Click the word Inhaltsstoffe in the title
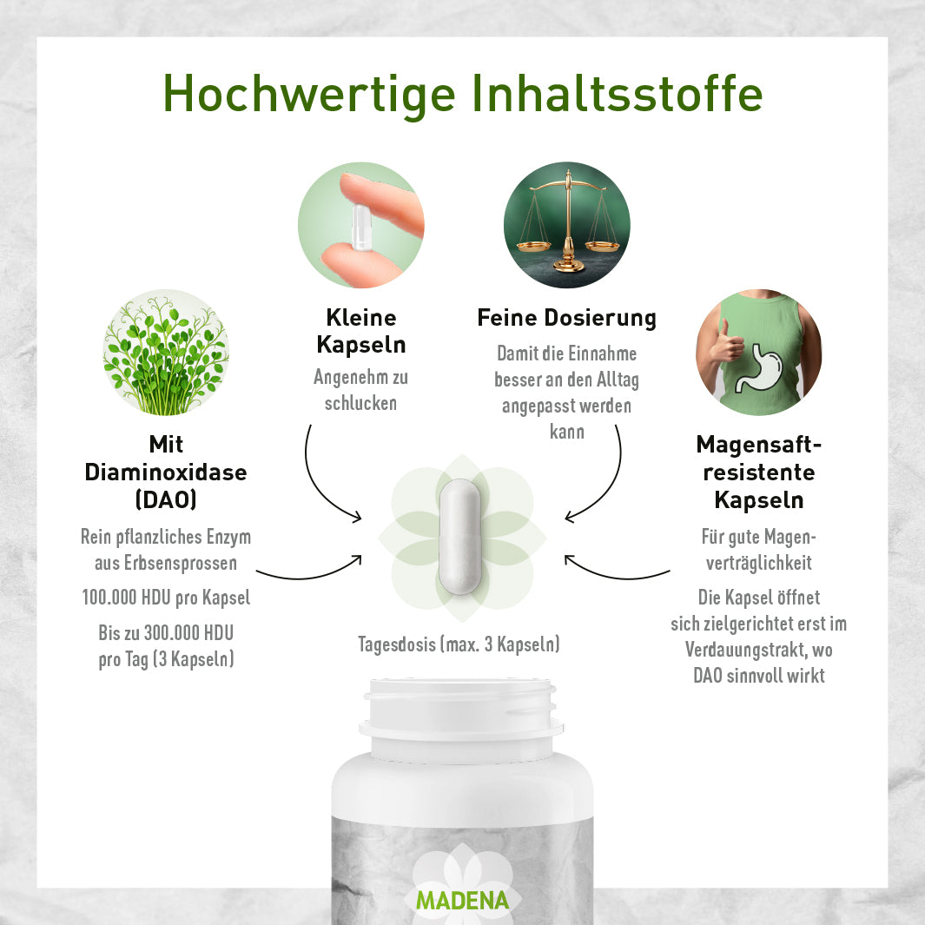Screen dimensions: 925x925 [618, 93]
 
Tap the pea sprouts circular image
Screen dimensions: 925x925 [166, 352]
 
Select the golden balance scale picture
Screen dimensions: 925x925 [567, 225]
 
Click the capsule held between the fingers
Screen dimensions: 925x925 [360, 227]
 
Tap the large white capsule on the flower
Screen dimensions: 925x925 [459, 537]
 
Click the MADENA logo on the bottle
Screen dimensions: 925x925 [462, 900]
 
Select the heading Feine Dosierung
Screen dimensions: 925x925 [567, 318]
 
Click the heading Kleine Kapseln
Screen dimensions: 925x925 [361, 331]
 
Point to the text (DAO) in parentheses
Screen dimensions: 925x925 [166, 499]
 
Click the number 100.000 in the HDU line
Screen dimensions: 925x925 [109, 597]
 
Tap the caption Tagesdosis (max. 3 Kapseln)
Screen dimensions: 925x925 [459, 644]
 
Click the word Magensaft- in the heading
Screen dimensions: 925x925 [758, 445]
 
